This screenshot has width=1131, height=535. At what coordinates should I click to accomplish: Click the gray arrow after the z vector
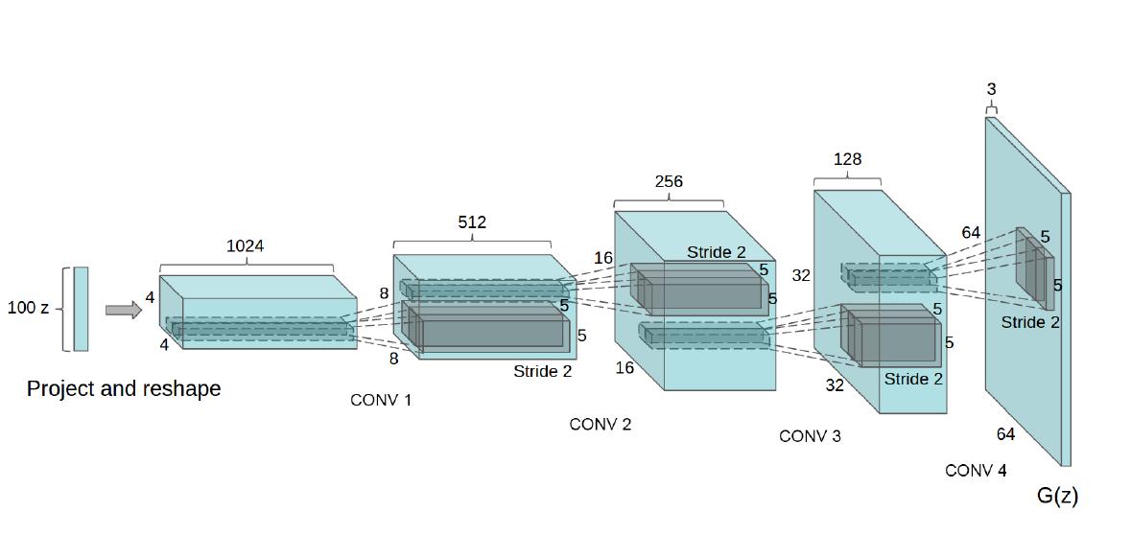click(123, 310)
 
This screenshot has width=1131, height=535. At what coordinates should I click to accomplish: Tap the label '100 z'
click(28, 309)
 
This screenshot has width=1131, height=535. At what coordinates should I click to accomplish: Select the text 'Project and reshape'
click(124, 388)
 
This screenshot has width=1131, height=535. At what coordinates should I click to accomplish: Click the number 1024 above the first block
click(245, 246)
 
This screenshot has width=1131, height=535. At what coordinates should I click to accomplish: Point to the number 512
click(471, 222)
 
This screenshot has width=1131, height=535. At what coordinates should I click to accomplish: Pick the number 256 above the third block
click(669, 181)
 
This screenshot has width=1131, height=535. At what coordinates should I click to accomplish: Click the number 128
click(847, 160)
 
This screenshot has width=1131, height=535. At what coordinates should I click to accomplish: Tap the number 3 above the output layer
click(991, 89)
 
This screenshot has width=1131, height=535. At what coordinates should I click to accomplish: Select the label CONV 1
click(381, 400)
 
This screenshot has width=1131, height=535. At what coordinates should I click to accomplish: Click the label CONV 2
click(601, 424)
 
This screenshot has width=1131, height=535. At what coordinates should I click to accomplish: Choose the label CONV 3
click(810, 436)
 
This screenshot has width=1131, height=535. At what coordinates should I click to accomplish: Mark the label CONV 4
click(976, 471)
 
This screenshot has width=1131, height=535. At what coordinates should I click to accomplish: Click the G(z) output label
click(1057, 496)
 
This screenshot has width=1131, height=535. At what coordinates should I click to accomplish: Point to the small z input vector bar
click(81, 309)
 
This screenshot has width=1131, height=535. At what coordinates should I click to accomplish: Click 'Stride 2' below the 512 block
click(542, 371)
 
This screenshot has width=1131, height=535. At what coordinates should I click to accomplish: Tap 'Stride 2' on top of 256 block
click(716, 252)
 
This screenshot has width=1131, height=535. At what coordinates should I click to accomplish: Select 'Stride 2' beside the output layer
click(1030, 322)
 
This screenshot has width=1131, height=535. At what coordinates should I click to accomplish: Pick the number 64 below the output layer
click(1005, 434)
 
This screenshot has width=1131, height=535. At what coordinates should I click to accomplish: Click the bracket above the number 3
click(991, 108)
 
